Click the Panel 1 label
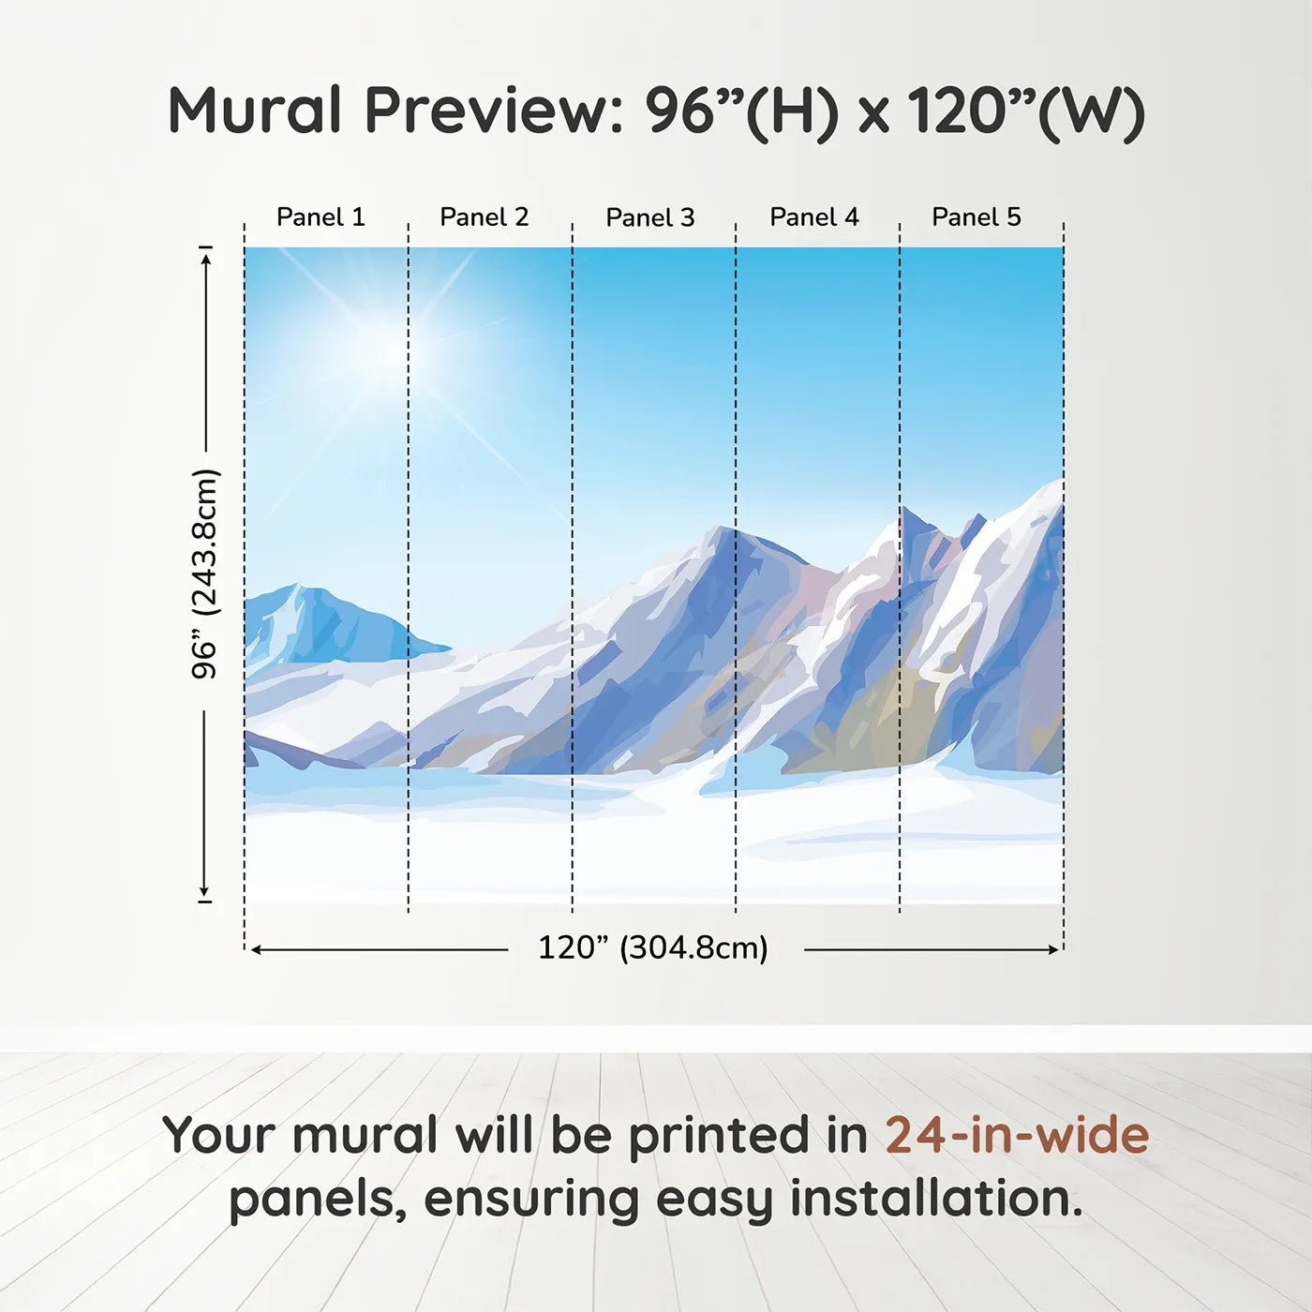click(x=321, y=217)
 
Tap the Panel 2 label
click(x=485, y=217)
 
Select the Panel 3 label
click(x=650, y=217)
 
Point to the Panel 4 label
click(x=814, y=217)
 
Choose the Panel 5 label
click(x=977, y=217)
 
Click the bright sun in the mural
click(x=394, y=348)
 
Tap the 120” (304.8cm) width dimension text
click(x=653, y=947)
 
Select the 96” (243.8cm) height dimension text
click(x=205, y=574)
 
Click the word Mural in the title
click(x=254, y=111)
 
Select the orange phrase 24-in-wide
click(x=1017, y=1136)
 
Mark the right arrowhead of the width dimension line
click(x=1053, y=949)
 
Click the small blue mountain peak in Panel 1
click(x=297, y=587)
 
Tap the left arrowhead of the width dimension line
click(x=257, y=949)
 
